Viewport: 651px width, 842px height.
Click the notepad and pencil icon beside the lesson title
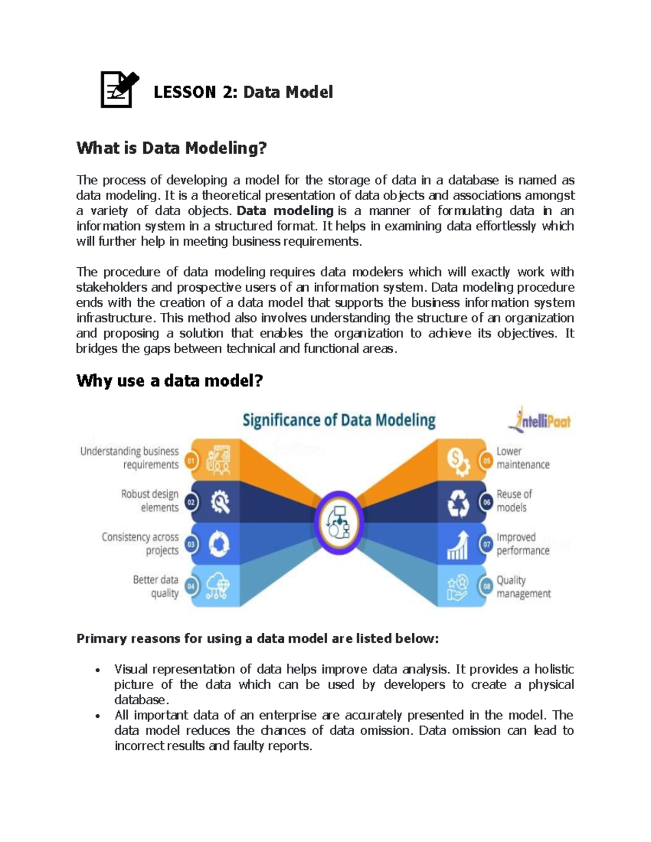[119, 89]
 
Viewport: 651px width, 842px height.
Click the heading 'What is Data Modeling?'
[171, 148]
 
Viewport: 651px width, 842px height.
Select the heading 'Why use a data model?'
[169, 381]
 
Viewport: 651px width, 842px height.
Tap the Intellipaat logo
[540, 420]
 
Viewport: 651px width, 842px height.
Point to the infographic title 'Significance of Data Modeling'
[339, 421]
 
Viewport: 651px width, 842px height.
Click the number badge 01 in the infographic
[191, 461]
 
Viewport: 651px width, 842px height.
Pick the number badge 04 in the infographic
[191, 586]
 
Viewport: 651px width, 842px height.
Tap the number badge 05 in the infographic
[487, 461]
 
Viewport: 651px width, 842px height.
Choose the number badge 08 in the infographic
[487, 586]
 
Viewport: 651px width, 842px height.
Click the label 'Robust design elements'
[150, 500]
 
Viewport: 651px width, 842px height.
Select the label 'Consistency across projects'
[141, 543]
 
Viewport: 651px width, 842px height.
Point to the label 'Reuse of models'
[514, 500]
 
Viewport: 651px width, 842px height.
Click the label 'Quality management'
[523, 587]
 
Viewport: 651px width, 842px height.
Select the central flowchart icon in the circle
[339, 523]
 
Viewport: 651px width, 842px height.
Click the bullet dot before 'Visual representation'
[97, 670]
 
